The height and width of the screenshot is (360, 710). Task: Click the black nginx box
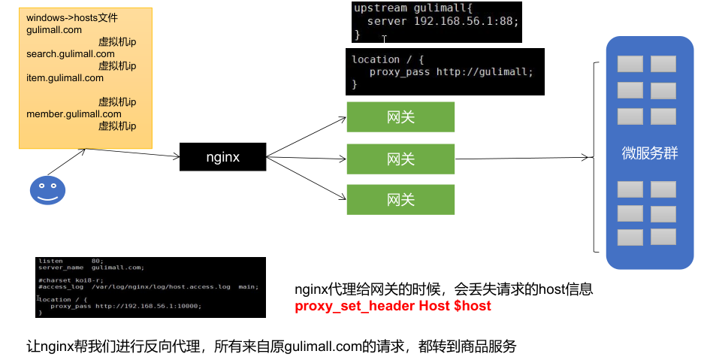point(223,157)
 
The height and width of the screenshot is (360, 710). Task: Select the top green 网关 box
point(400,117)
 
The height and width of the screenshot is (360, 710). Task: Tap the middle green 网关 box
point(400,159)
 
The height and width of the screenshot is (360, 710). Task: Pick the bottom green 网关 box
point(400,200)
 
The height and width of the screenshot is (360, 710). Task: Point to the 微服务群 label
point(650,154)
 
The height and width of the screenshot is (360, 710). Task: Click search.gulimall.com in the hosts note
point(70,54)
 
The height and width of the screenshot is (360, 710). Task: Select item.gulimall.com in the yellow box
point(65,78)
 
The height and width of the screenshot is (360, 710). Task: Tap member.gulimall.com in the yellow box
point(74,114)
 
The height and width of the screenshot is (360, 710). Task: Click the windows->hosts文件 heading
point(71,18)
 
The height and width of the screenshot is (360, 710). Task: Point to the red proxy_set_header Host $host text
point(393,307)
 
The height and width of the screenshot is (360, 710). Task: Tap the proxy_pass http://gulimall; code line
point(451,72)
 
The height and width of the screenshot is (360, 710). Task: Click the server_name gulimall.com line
point(91,268)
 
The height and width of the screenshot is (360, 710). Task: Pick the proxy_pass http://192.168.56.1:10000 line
point(125,306)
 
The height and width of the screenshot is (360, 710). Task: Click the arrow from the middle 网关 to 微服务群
point(522,159)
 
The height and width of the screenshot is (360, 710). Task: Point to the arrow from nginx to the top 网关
point(307,137)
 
